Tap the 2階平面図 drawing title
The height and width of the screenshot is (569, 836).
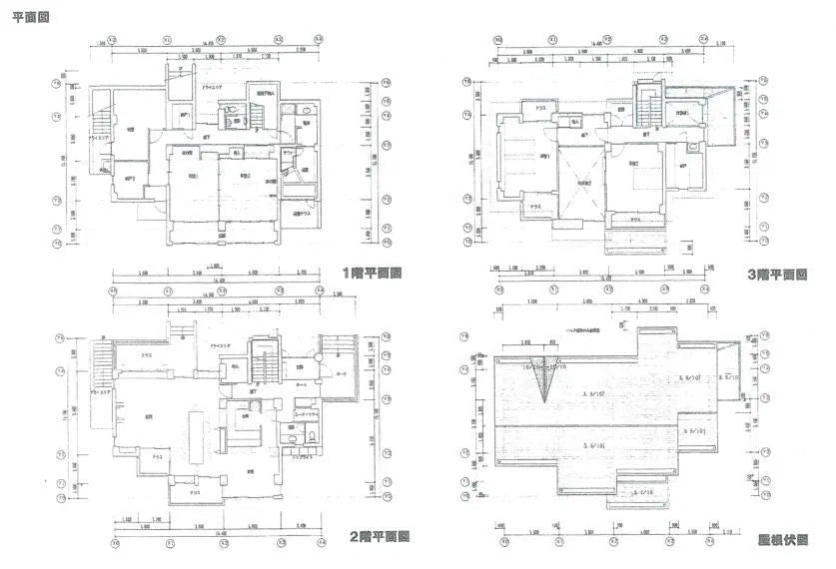coord(379,536)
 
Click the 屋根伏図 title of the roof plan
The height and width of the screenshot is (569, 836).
coord(782,540)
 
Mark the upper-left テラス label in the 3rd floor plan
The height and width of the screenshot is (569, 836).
coord(539,107)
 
